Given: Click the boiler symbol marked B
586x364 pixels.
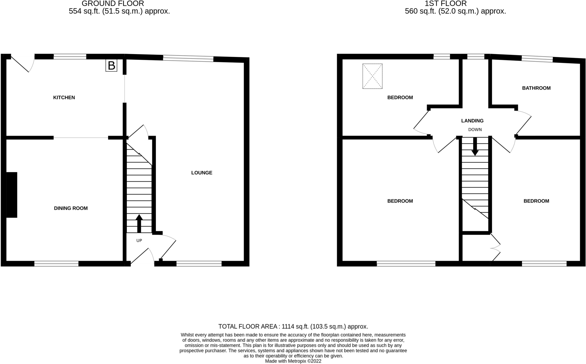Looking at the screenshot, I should tap(111, 66).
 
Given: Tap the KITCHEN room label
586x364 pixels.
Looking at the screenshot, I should tap(64, 98).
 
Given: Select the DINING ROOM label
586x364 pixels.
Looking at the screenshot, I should tap(71, 208).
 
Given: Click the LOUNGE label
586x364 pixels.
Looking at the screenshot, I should tap(202, 173).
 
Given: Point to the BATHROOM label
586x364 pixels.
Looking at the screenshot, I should tap(536, 88).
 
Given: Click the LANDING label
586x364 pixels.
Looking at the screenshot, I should tap(472, 121).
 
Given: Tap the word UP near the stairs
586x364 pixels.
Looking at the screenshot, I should tap(139, 241).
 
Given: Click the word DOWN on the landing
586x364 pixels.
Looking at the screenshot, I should tap(475, 130).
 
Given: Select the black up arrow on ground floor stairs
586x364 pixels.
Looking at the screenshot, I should tap(139, 223).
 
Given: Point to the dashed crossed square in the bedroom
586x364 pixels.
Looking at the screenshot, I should tap(372, 76).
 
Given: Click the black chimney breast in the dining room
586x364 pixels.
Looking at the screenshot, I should tap(12, 195).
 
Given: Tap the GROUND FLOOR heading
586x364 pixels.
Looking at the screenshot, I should tap(113, 4).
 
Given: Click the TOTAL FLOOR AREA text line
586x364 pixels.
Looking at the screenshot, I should tap(293, 327).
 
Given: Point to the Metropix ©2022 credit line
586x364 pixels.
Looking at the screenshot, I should tap(293, 361).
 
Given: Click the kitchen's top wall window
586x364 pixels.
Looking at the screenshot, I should tap(70, 57).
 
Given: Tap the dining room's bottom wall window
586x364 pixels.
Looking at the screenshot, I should tap(56, 264).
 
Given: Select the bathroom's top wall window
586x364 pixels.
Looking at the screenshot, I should tap(537, 59).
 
